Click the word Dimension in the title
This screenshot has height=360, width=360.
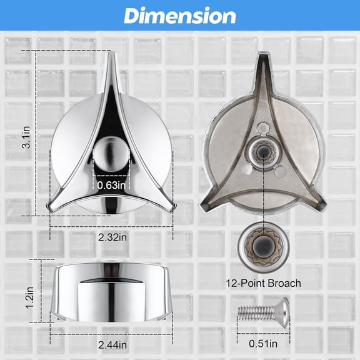click(179, 16)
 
